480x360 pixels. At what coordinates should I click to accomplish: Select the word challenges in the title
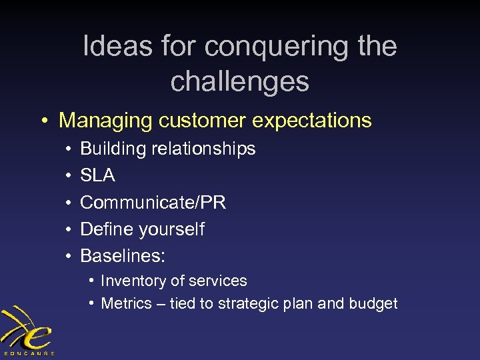coord(240,81)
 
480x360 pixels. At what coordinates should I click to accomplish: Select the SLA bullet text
coord(97,175)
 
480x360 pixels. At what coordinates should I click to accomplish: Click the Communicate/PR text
coord(153,202)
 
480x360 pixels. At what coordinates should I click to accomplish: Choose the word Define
coord(107,229)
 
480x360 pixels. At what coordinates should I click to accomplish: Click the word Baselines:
coord(123,256)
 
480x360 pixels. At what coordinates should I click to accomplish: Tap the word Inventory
coord(131,281)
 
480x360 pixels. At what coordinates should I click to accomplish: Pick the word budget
coord(373,304)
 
